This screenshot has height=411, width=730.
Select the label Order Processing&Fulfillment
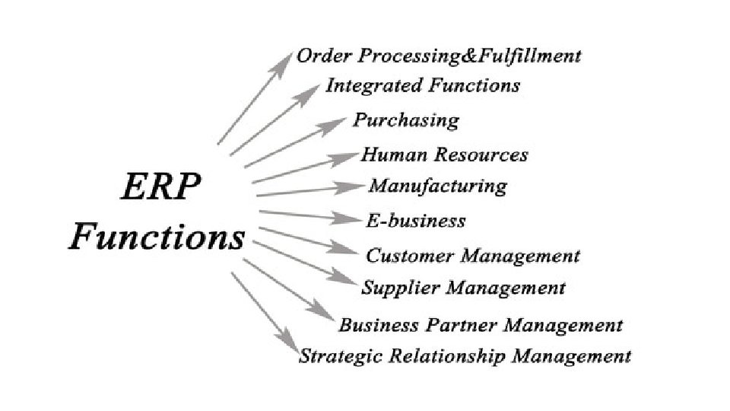pos(439,56)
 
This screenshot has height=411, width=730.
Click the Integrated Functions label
pos(423,85)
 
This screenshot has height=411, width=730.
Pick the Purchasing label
pos(406,120)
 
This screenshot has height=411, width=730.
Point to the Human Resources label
pos(444,155)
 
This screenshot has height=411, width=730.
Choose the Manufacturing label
pos(437,186)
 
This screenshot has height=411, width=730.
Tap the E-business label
pos(415,221)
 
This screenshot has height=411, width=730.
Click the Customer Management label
pos(472,256)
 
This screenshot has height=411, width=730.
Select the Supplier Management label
pos(463,288)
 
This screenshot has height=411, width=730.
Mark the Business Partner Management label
pos(480,326)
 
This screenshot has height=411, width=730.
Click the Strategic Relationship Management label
pos(465,355)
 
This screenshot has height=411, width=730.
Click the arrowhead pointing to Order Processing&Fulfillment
pos(284,59)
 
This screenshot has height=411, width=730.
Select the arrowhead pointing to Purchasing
pos(339,123)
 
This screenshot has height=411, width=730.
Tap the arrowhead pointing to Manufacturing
pos(356,186)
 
